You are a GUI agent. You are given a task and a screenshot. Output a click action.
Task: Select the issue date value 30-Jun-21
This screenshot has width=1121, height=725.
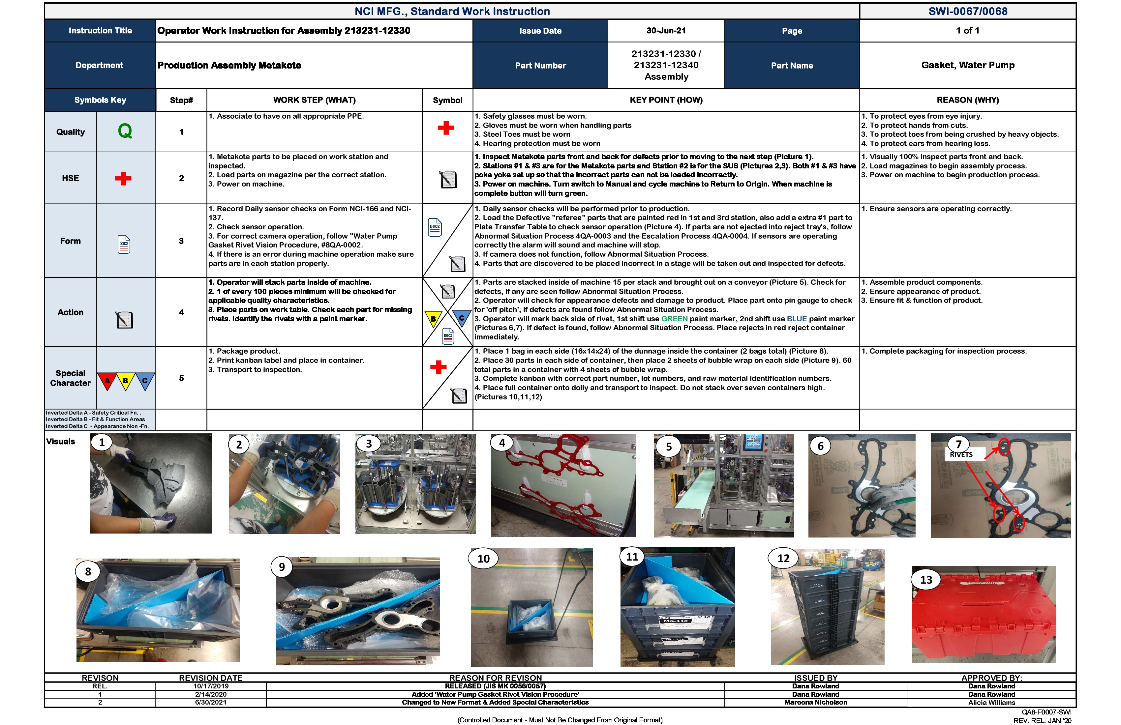point(666,31)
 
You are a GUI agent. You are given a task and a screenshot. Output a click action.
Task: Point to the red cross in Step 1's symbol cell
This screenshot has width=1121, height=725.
point(445,128)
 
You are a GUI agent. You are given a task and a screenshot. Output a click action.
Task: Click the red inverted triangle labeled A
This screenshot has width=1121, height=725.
point(107,380)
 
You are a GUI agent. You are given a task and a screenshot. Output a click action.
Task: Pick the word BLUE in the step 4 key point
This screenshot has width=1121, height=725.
point(797,319)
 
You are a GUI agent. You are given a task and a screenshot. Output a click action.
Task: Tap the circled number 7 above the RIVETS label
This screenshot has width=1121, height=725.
point(958,444)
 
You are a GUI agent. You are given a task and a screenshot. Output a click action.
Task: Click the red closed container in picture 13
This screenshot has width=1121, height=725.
point(984,617)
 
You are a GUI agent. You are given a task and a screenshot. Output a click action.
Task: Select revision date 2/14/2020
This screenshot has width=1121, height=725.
point(211,694)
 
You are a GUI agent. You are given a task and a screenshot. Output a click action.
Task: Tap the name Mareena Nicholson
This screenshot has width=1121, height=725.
point(815,702)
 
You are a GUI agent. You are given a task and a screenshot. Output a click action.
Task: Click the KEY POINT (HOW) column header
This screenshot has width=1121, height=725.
point(666,100)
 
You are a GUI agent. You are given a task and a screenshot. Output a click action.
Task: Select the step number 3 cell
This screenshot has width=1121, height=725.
point(181,241)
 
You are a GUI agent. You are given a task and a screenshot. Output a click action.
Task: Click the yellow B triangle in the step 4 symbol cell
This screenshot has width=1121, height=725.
point(433,318)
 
